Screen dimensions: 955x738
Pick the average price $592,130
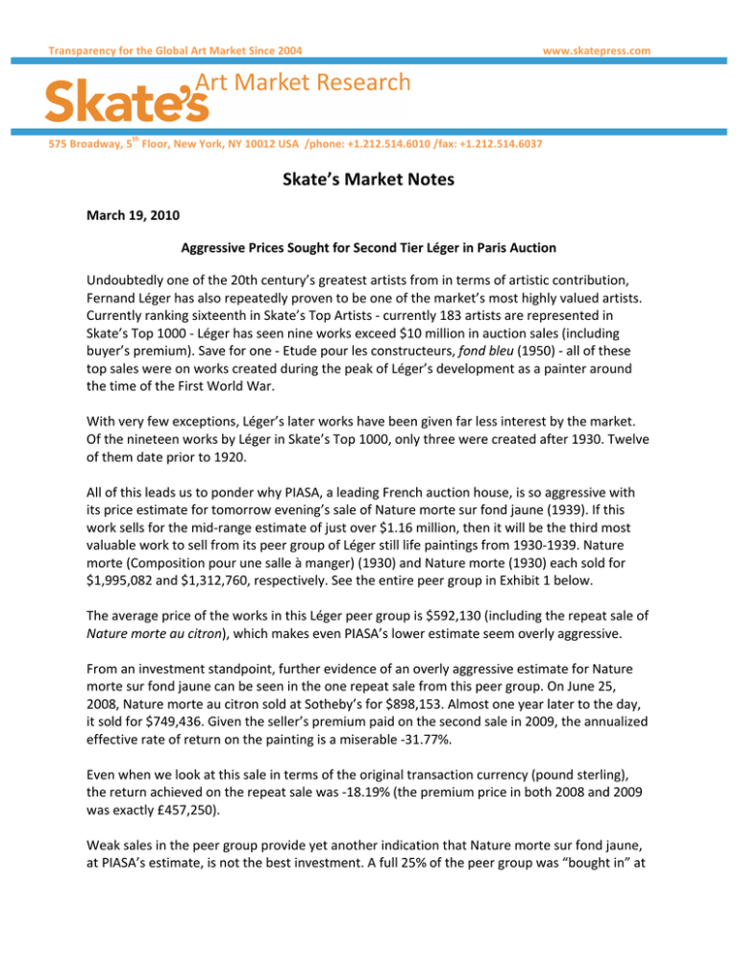(x=445, y=559)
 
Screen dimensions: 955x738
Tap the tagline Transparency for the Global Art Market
(x=154, y=49)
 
